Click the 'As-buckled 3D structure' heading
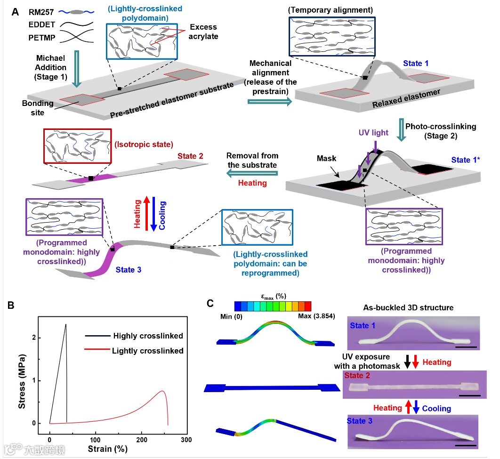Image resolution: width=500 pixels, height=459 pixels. point(408,307)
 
